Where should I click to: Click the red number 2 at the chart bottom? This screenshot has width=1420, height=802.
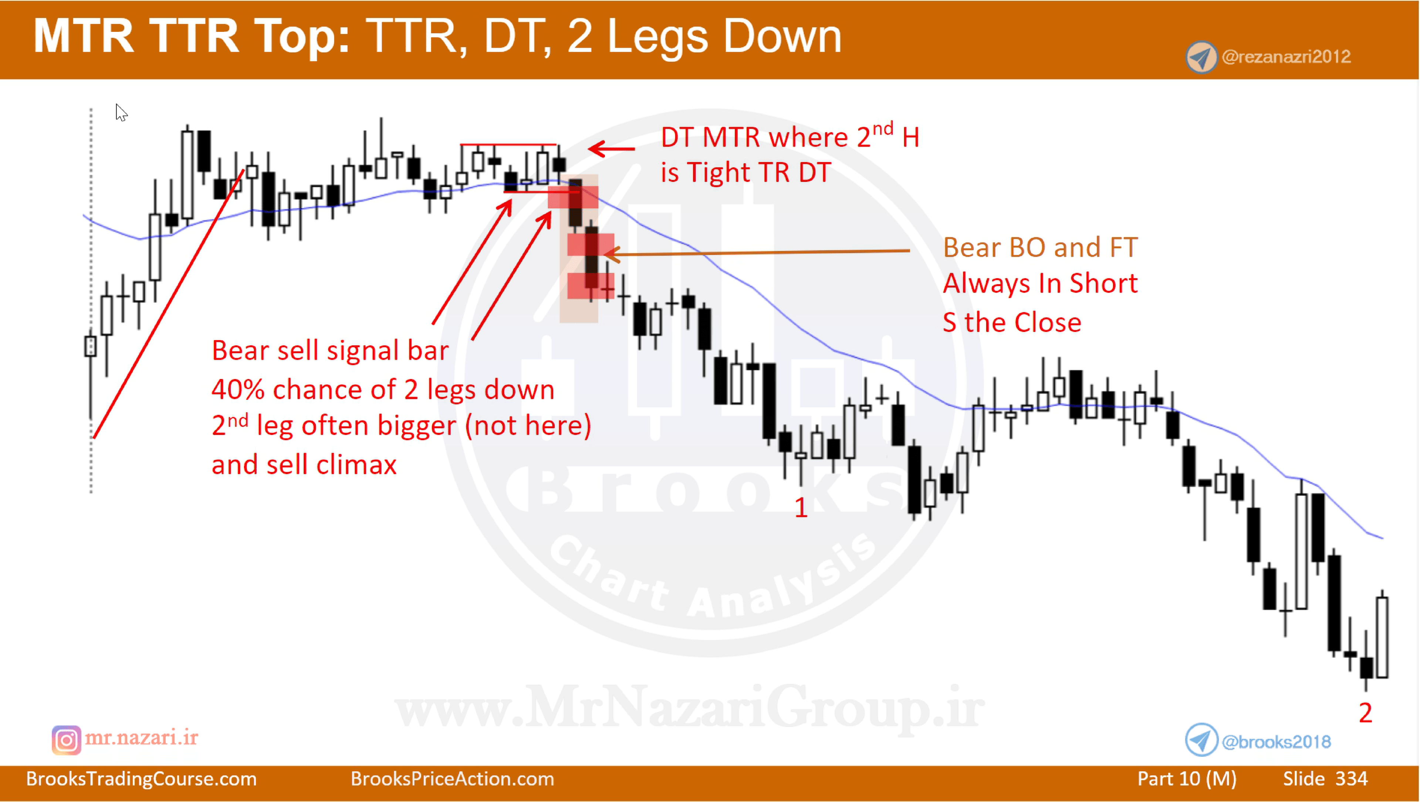pos(1365,713)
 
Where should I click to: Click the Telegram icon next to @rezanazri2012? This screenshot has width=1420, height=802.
pos(1201,57)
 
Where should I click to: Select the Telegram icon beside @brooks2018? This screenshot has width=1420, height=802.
pos(1201,740)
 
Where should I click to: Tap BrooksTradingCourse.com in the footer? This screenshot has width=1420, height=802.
pos(141,779)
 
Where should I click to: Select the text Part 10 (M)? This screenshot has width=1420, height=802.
pos(1187,779)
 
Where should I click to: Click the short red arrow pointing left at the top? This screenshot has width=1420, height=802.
pos(611,148)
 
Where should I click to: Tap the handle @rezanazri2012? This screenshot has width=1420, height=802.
pos(1286,57)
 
